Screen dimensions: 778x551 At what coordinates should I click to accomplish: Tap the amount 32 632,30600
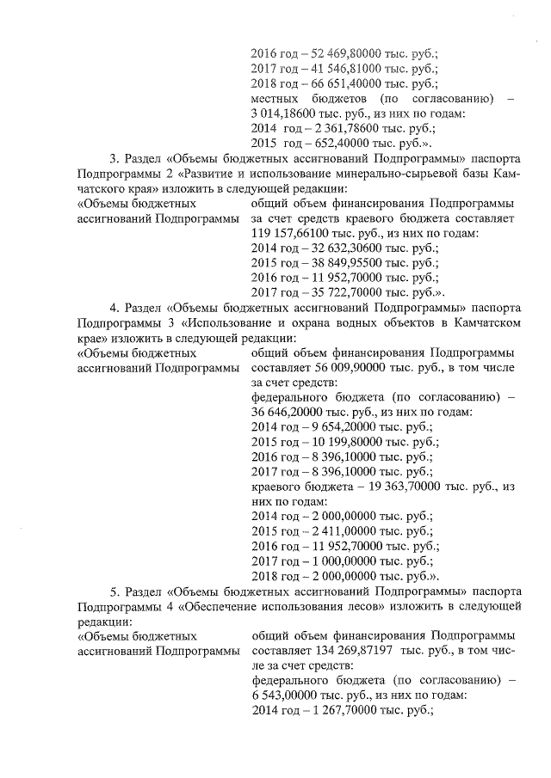[x=337, y=249]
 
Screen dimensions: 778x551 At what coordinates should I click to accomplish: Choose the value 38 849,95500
[x=337, y=265]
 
